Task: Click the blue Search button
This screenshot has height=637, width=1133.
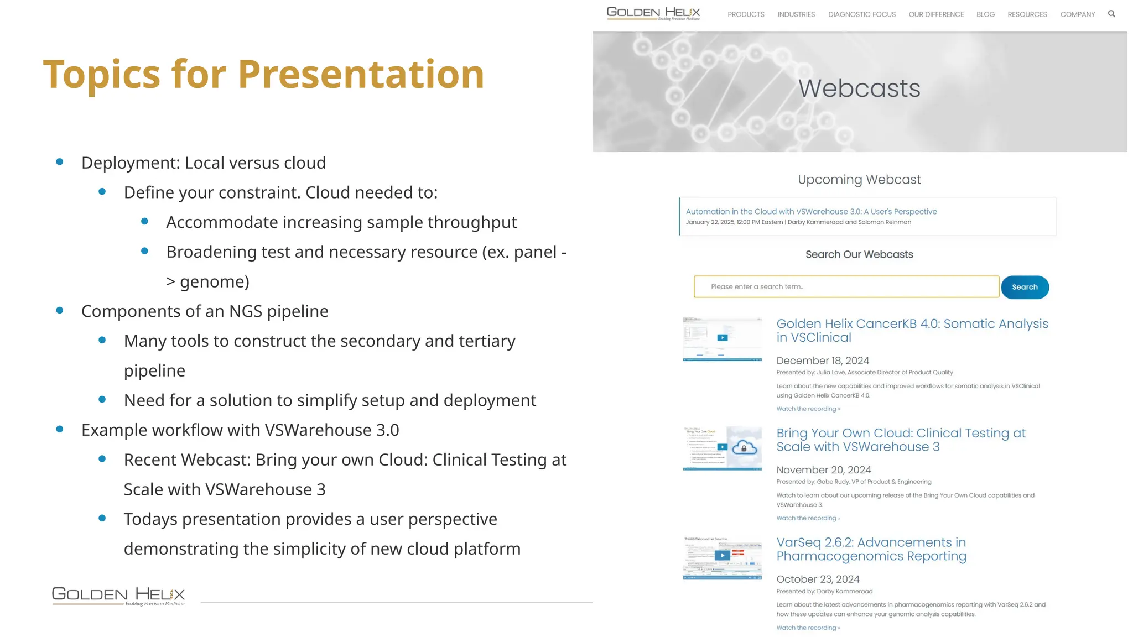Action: (1025, 287)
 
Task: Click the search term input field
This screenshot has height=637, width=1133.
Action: (846, 286)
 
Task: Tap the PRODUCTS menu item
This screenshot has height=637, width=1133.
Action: (746, 14)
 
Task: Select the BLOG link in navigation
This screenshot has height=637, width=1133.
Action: (985, 14)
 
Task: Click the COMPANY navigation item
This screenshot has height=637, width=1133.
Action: (1077, 14)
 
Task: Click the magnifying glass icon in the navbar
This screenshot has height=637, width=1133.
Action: (1111, 14)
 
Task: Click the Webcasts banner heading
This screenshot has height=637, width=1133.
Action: (859, 88)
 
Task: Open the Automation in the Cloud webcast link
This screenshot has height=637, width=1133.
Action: (811, 211)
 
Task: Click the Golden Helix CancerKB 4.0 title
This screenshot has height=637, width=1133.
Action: (912, 330)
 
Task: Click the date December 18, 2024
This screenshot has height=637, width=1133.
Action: (823, 361)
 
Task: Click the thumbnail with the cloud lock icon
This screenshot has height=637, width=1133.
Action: (723, 448)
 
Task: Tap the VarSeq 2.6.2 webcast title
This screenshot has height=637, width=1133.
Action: (871, 549)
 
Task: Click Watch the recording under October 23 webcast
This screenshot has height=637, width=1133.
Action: (808, 628)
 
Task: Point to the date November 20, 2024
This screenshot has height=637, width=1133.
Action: (824, 470)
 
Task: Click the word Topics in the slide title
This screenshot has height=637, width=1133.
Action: (101, 74)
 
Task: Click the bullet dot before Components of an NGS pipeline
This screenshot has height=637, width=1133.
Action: (60, 310)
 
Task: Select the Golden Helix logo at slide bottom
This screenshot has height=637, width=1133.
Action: (118, 596)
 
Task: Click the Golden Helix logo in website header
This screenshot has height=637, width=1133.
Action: (653, 13)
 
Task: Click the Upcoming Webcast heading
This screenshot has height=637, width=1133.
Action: (859, 180)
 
